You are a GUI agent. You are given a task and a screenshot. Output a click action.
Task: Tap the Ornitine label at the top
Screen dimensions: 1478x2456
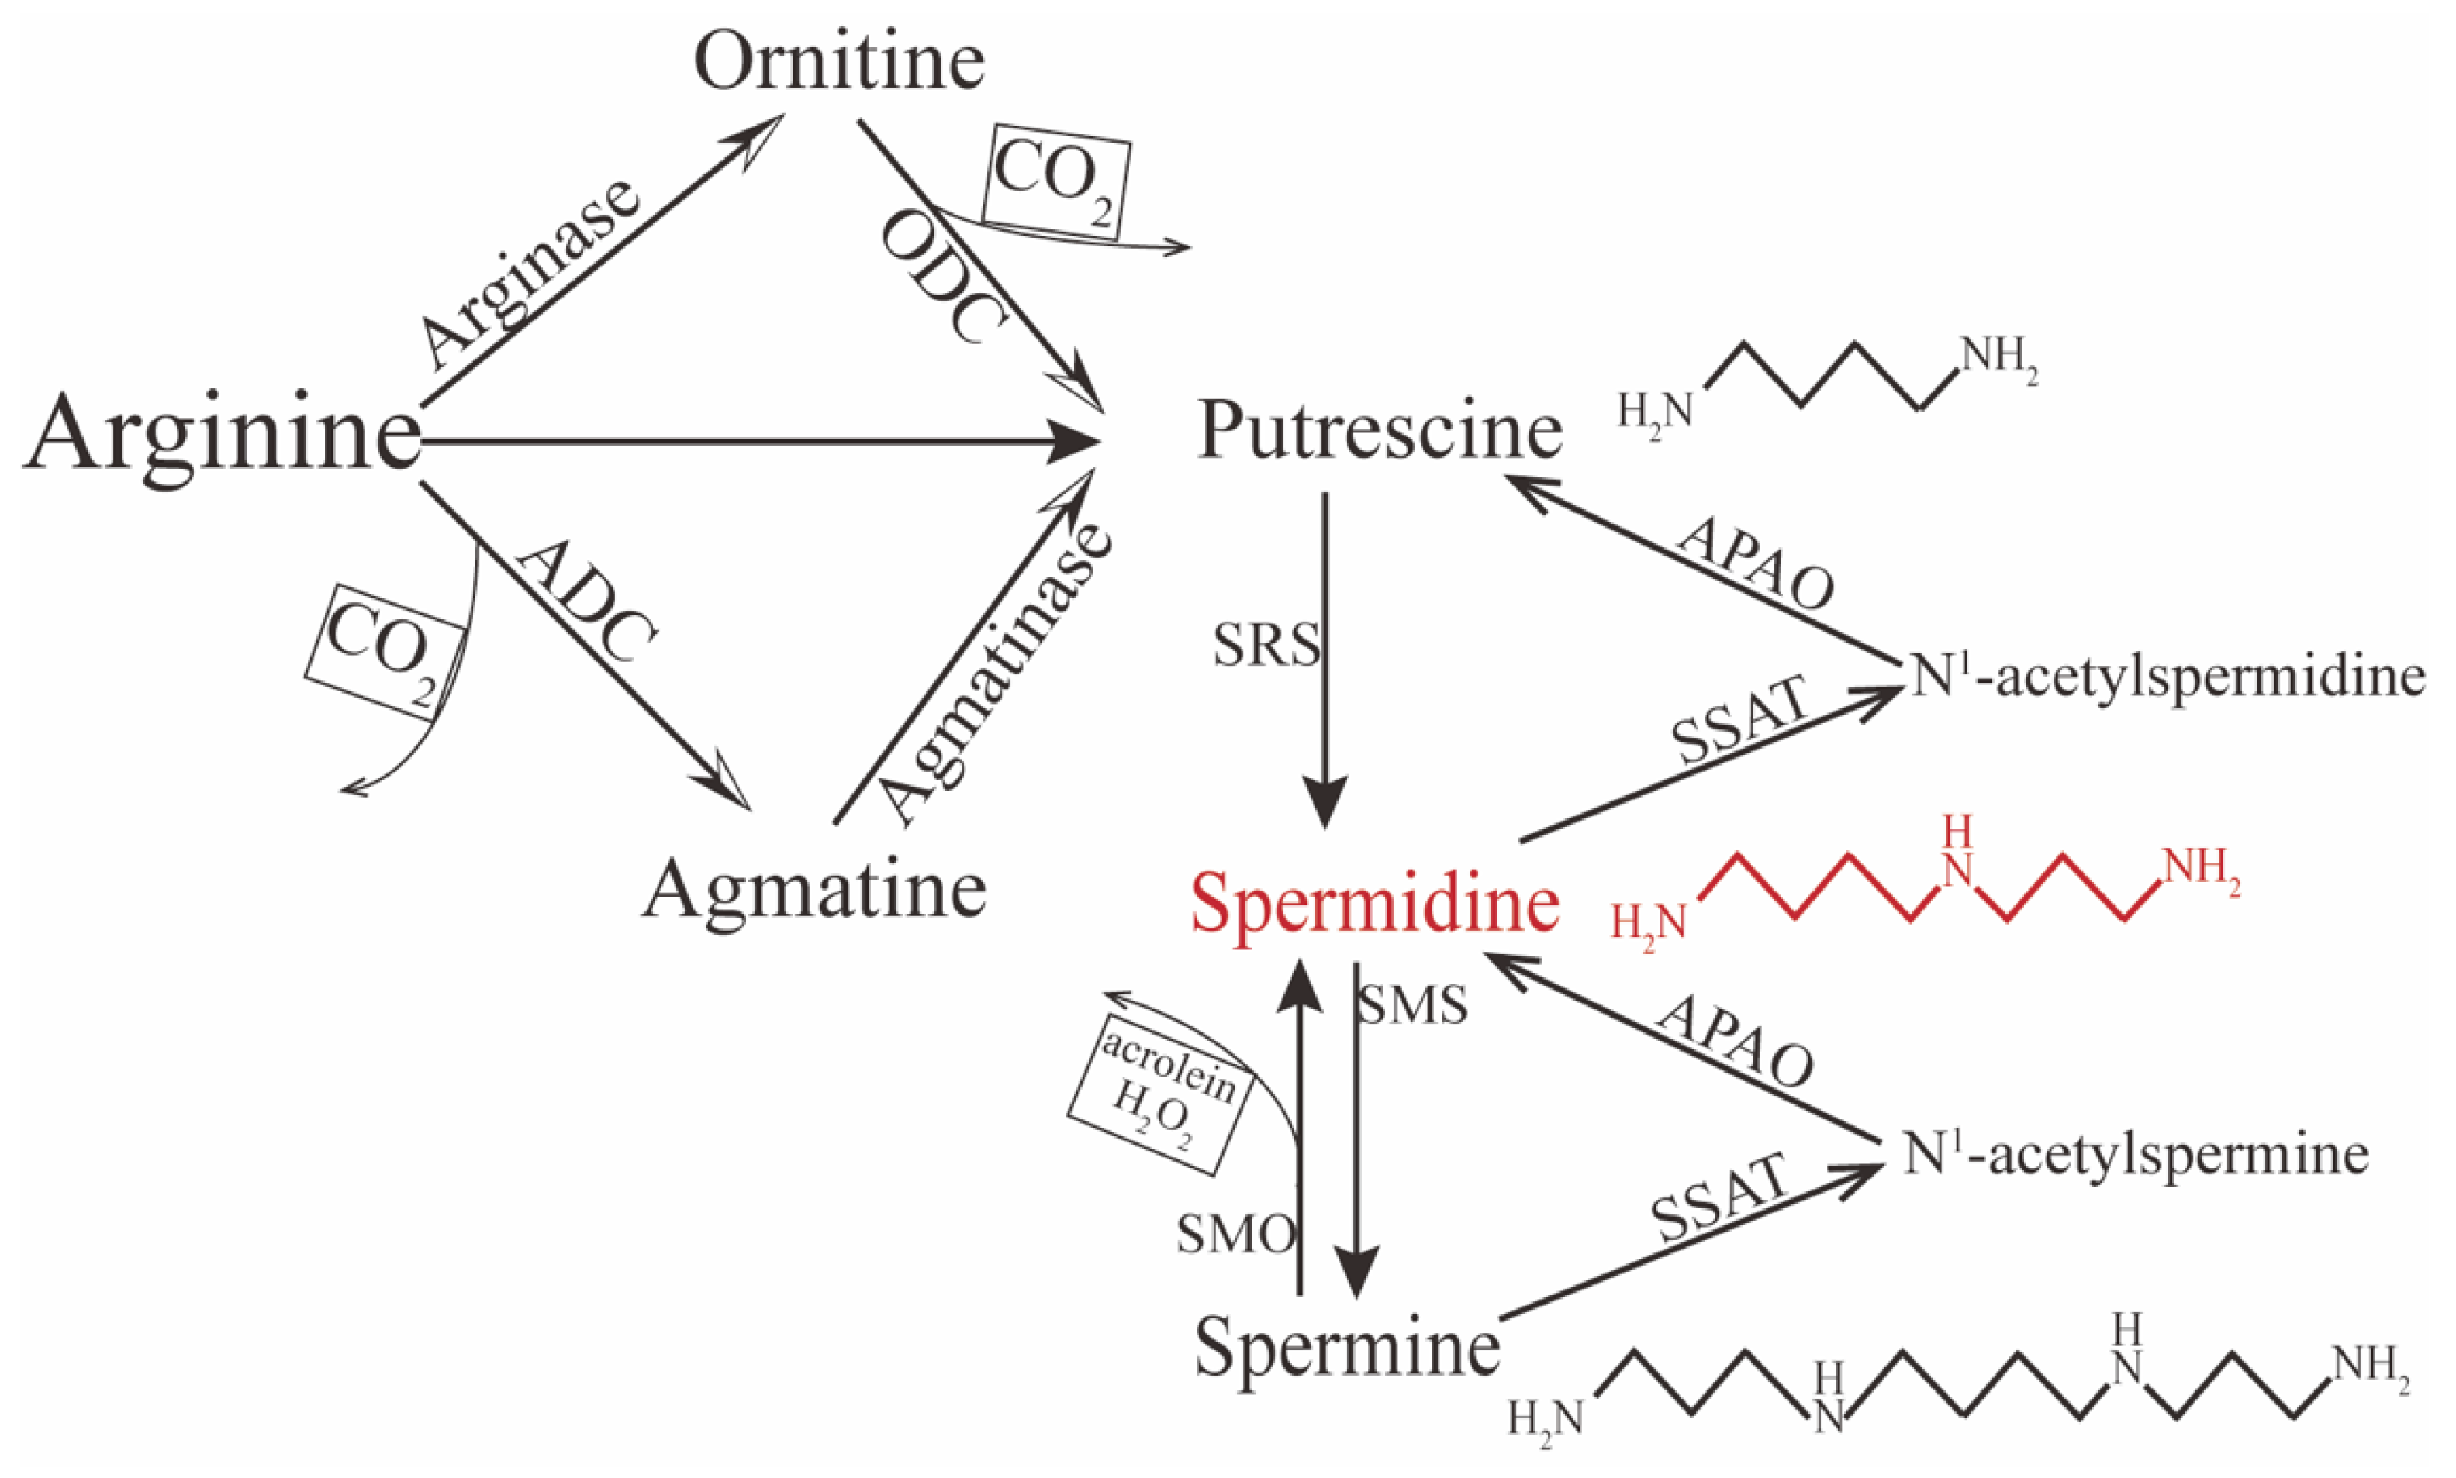(x=839, y=62)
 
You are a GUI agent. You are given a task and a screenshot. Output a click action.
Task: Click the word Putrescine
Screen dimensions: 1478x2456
(x=1379, y=431)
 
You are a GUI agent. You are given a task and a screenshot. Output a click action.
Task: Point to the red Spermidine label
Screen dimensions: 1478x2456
(x=1375, y=902)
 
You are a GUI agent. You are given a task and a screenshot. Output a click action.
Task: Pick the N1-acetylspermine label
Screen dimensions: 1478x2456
(x=2135, y=1156)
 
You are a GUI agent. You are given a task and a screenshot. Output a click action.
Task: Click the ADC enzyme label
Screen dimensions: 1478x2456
(x=589, y=602)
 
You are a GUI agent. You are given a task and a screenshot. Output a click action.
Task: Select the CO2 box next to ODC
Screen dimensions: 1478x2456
(x=1056, y=182)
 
